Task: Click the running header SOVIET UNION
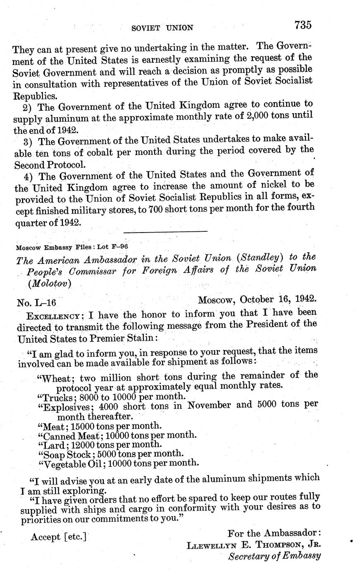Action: click(x=162, y=28)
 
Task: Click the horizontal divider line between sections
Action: click(x=165, y=231)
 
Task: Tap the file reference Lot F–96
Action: click(x=113, y=247)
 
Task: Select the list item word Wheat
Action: click(x=55, y=378)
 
